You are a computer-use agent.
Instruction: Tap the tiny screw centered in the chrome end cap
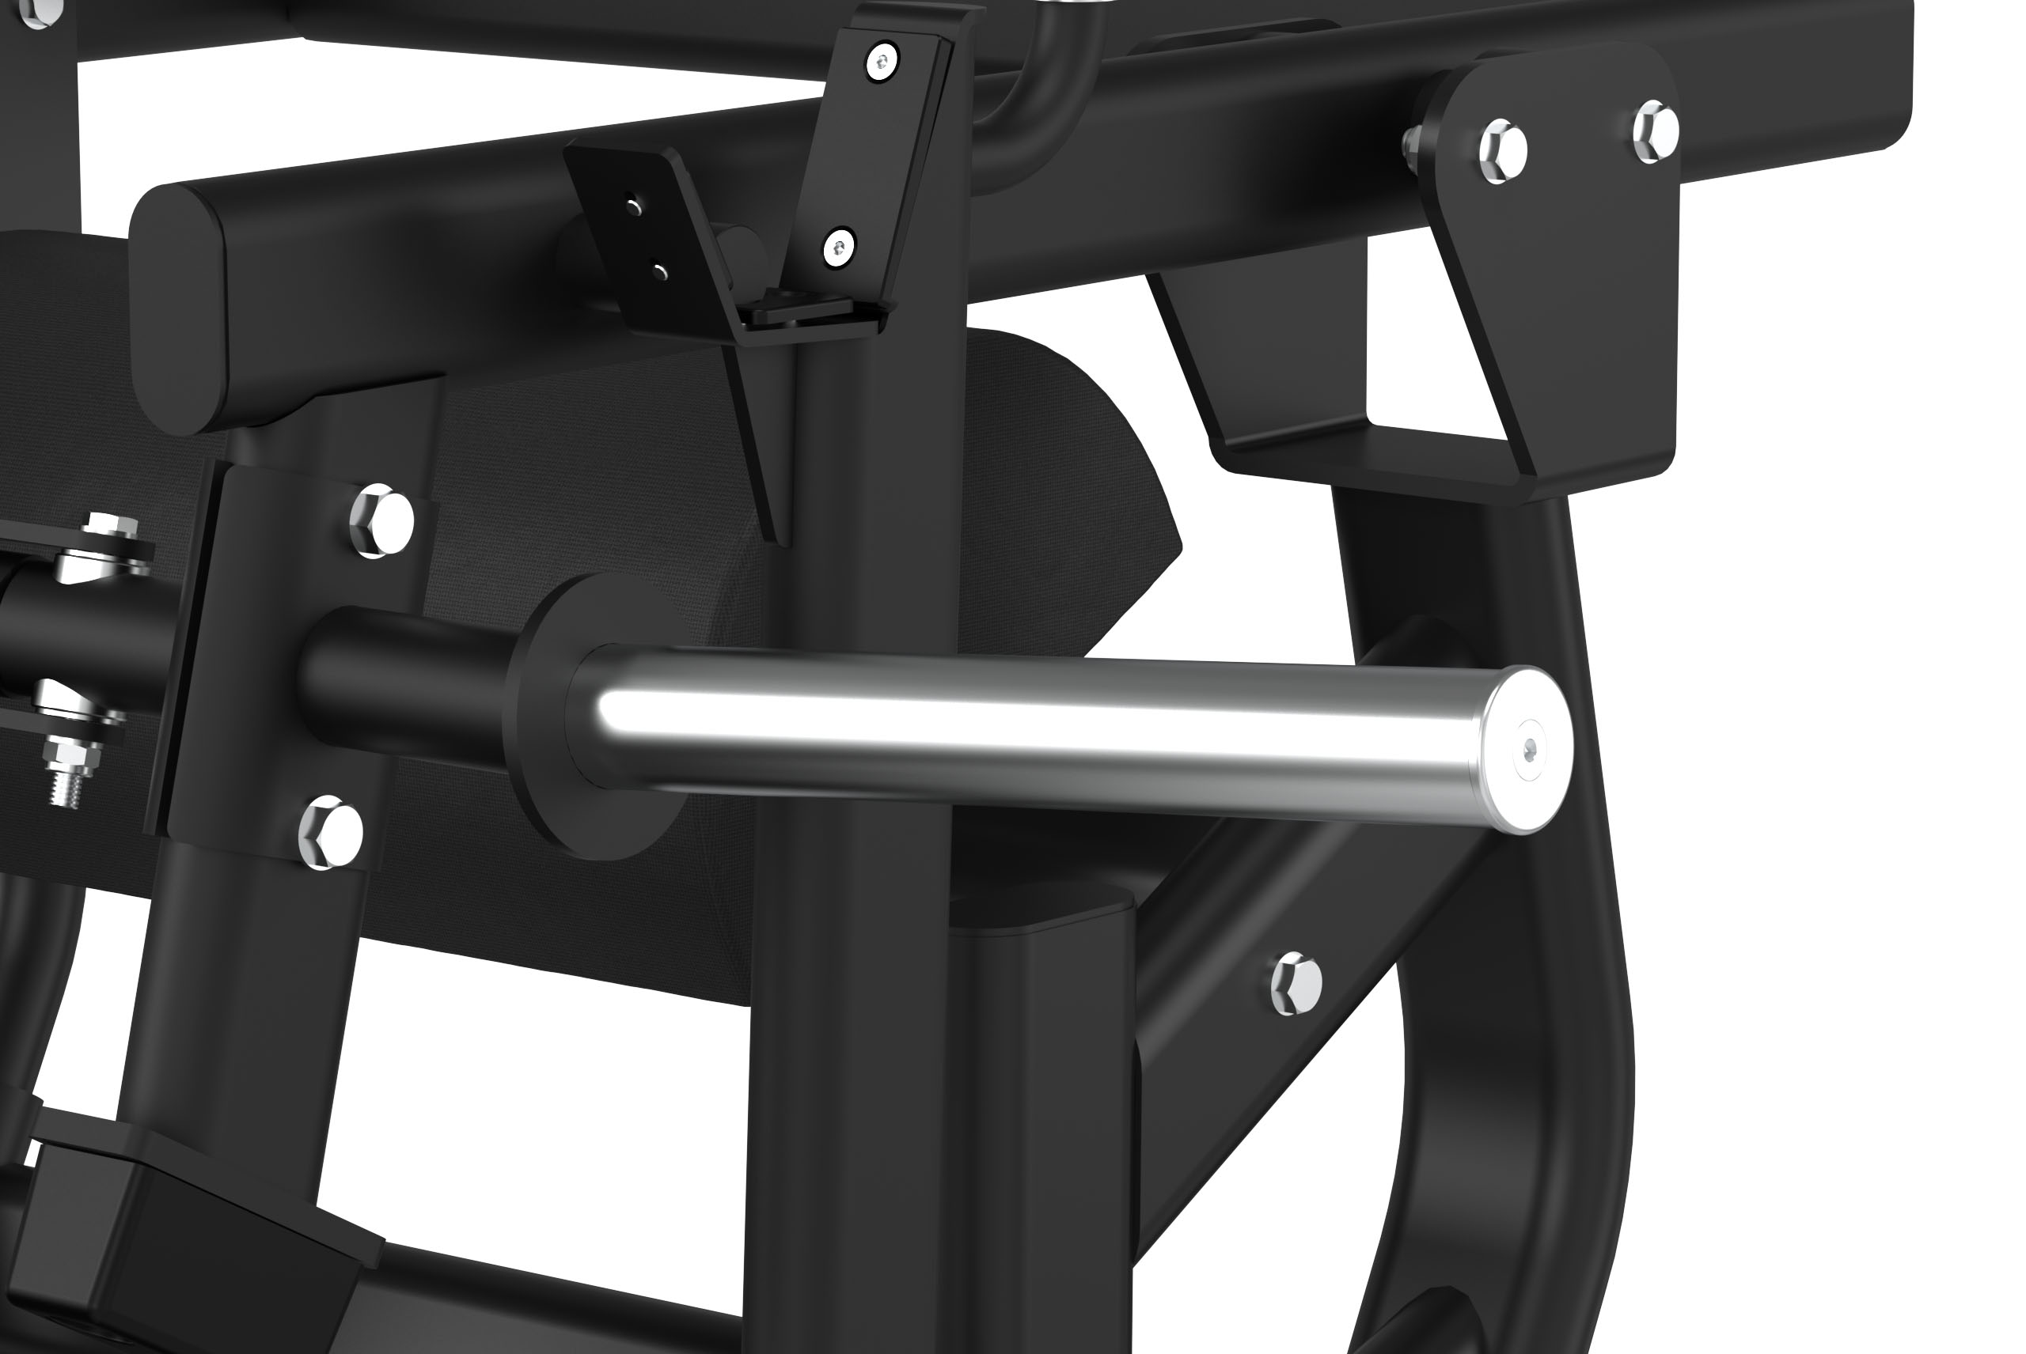1530,751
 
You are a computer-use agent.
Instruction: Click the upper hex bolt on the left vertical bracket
382,520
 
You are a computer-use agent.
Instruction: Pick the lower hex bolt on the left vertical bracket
331,834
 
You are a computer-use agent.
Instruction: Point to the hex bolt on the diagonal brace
1296,984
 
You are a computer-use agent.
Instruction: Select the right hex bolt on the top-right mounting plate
1656,130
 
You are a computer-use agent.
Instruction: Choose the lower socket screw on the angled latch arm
838,247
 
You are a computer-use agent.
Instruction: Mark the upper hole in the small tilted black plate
634,206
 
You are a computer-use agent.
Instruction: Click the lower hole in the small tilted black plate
661,273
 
